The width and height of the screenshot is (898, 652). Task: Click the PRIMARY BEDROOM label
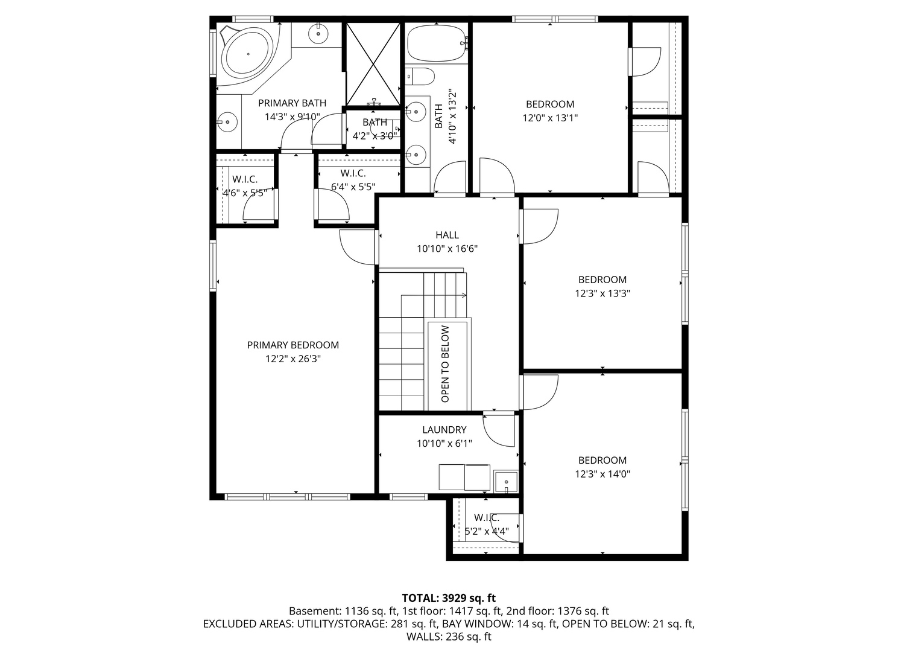click(292, 345)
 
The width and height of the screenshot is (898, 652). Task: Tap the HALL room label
click(447, 235)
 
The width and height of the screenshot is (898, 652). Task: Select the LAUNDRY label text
click(444, 430)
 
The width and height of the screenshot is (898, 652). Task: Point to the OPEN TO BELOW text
click(445, 364)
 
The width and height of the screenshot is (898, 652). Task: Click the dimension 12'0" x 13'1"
click(550, 118)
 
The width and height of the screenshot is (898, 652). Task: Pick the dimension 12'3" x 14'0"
click(602, 474)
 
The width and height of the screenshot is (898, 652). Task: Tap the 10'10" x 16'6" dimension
click(447, 249)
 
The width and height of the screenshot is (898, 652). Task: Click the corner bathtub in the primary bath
click(248, 54)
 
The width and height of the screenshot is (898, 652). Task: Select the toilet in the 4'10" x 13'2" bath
click(420, 76)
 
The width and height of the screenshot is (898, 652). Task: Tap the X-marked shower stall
click(373, 64)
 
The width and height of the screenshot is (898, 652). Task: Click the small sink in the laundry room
click(506, 482)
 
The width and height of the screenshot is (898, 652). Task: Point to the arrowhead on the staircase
click(464, 296)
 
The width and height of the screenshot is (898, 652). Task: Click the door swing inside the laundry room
click(498, 431)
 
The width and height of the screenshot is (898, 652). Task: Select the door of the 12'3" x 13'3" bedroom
click(539, 226)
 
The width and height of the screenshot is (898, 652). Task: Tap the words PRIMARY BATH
click(292, 103)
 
